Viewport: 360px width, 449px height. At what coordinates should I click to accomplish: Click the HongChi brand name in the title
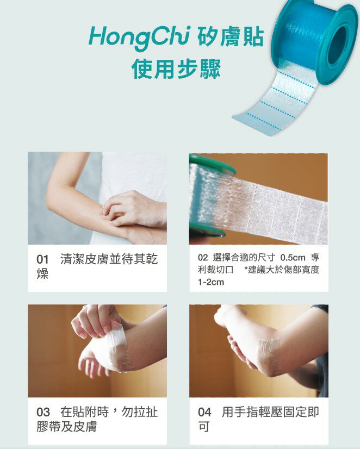[139, 39]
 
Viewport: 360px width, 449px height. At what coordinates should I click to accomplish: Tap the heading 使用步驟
[176, 69]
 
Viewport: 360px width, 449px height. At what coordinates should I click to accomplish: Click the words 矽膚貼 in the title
[230, 37]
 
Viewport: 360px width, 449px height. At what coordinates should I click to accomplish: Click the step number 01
[42, 260]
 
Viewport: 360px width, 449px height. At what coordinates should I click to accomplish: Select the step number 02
[203, 258]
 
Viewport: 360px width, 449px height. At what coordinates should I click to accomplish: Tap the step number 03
[43, 413]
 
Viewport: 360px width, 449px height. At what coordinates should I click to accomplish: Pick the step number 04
[204, 413]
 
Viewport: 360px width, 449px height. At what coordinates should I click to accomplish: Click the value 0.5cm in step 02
[293, 258]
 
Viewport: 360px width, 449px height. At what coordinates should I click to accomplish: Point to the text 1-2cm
[211, 282]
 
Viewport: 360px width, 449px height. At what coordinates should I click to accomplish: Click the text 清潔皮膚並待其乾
[109, 259]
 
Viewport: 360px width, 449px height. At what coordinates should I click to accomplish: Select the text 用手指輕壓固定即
[270, 413]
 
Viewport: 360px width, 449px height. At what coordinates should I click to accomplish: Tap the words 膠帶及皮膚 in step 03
[67, 427]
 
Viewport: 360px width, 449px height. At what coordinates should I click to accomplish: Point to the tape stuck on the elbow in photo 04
[268, 356]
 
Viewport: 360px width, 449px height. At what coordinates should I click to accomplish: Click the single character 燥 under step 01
[42, 274]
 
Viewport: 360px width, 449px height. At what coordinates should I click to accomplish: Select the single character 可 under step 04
[203, 427]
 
